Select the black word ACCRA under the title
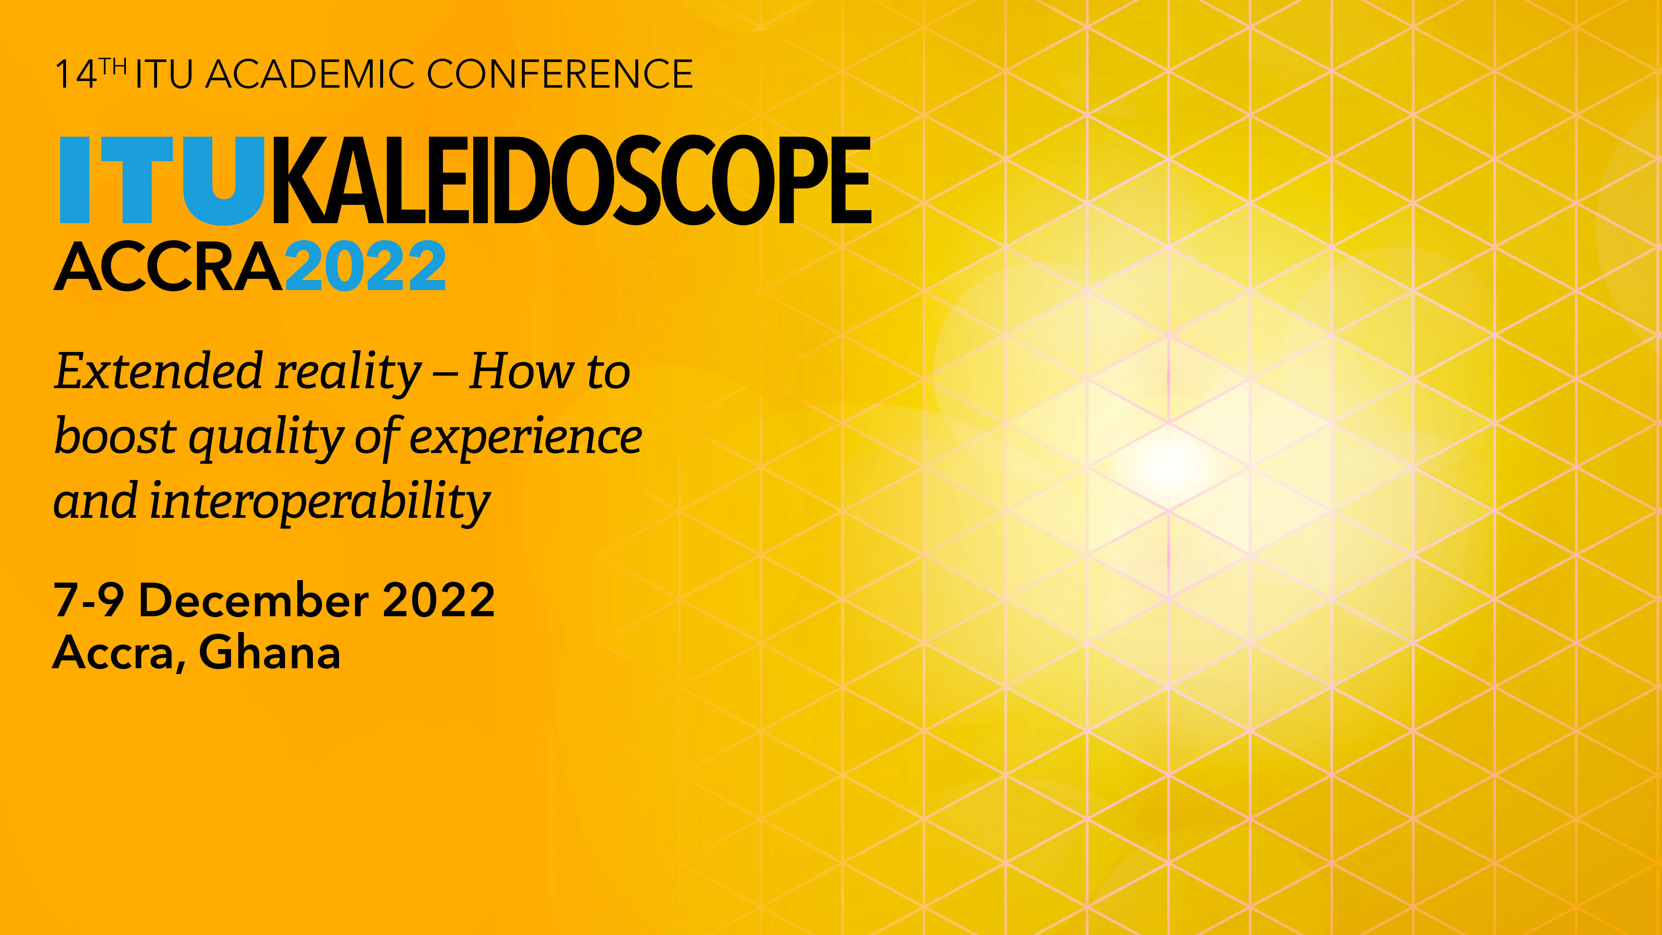[x=168, y=266]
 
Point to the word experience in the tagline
[x=526, y=439]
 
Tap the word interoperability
[x=320, y=502]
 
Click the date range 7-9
[x=89, y=600]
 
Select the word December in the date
[x=253, y=600]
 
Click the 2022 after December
[x=439, y=600]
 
